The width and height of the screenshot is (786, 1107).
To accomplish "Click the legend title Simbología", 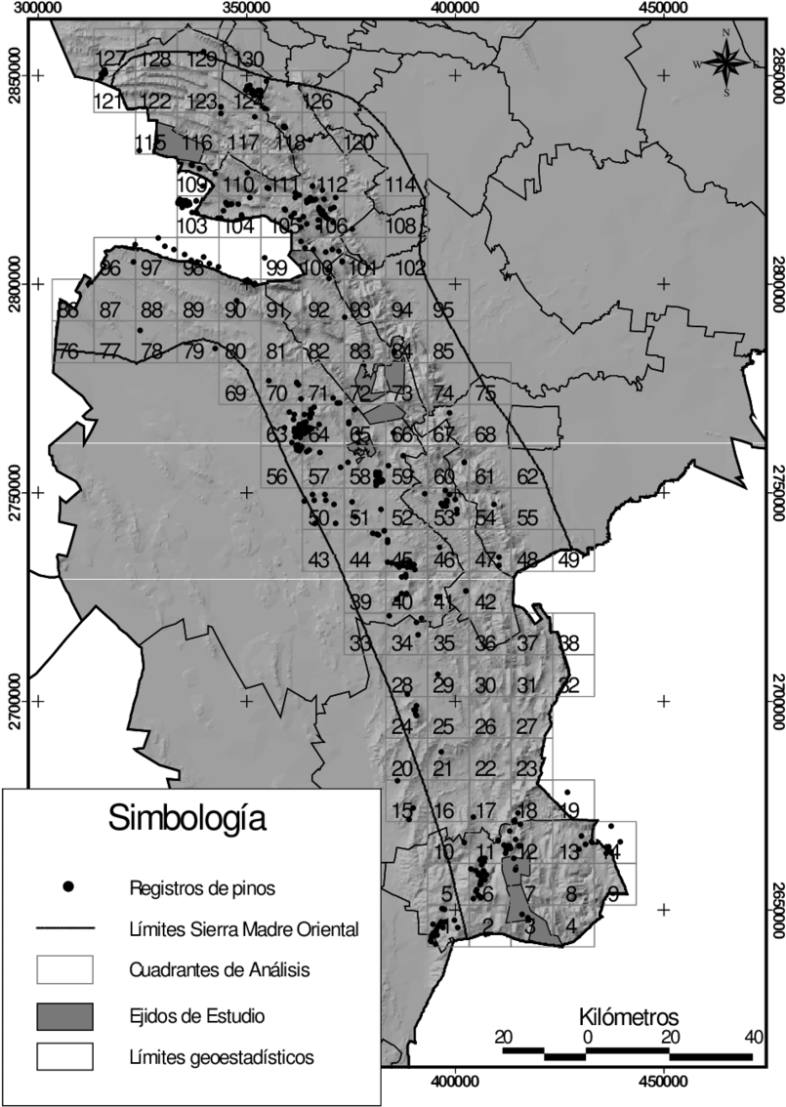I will tap(186, 815).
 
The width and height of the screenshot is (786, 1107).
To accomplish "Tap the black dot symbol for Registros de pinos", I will tap(67, 887).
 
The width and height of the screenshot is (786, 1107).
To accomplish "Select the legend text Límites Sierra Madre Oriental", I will tap(244, 928).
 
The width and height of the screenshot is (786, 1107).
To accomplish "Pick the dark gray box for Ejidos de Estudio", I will tap(64, 1015).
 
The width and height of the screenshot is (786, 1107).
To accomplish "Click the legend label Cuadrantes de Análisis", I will tap(220, 970).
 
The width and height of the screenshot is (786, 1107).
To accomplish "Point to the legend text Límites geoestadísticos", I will tap(222, 1056).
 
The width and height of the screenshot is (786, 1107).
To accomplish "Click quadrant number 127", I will tap(112, 58).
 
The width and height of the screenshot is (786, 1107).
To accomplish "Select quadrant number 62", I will tap(527, 477).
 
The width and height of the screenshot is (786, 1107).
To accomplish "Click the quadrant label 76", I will tap(68, 352).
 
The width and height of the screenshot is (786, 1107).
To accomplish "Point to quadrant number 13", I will tap(570, 852).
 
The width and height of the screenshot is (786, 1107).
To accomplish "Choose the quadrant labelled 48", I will tap(527, 559).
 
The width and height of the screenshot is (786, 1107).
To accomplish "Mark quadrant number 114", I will tap(401, 184).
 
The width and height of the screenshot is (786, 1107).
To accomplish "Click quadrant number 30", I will tap(485, 685).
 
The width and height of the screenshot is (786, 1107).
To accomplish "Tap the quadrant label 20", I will tap(401, 768).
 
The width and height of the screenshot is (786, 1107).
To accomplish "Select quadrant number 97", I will tap(151, 268).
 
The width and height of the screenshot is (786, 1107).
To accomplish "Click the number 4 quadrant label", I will tap(570, 924).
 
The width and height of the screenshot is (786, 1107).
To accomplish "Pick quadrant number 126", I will tap(317, 102).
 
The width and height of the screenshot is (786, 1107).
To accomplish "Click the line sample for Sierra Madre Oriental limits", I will tap(64, 928).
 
